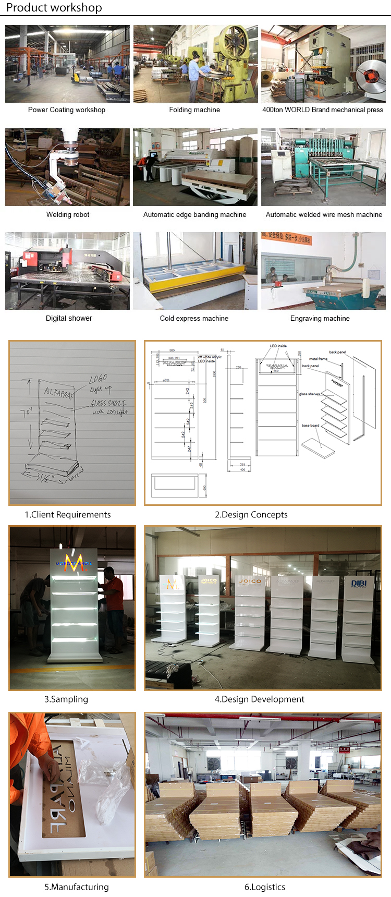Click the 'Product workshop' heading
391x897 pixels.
[x=54, y=8]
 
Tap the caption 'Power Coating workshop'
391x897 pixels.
[x=67, y=110]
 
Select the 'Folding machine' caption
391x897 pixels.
[x=194, y=110]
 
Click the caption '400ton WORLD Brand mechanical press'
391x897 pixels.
[x=323, y=110]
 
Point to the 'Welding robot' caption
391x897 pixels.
[x=68, y=215]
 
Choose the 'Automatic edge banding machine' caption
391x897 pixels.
[x=195, y=215]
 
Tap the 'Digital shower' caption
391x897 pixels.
[x=69, y=319]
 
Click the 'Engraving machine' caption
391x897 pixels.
[x=320, y=319]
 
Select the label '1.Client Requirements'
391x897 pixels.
[x=68, y=515]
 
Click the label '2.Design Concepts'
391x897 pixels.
[x=251, y=515]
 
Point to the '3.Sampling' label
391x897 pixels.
[x=66, y=699]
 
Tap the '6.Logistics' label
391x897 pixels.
[x=265, y=887]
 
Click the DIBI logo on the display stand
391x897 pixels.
[x=359, y=584]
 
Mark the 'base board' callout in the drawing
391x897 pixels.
[x=310, y=426]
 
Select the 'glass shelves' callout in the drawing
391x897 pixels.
[x=310, y=394]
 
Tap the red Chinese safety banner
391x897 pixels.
[x=286, y=238]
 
